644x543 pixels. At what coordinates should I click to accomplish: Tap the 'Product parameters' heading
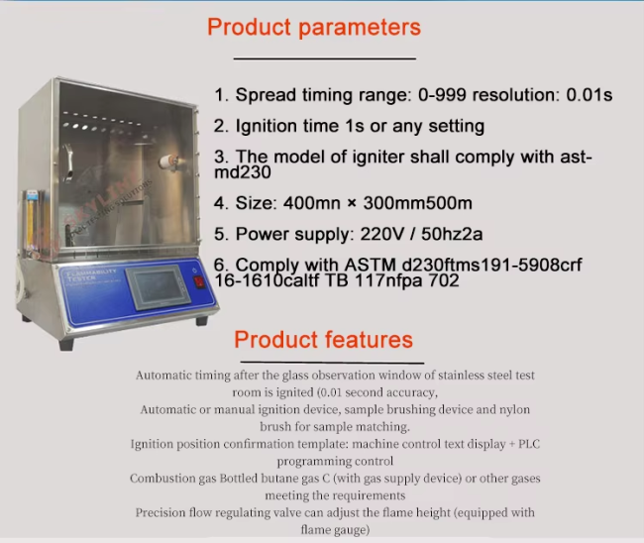click(x=313, y=27)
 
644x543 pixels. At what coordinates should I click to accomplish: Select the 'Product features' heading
click(x=323, y=340)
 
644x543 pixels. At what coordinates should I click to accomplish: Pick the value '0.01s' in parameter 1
click(x=588, y=95)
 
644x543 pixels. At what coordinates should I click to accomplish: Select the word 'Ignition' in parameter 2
click(x=268, y=127)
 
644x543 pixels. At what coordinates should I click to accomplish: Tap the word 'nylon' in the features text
click(x=512, y=409)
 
